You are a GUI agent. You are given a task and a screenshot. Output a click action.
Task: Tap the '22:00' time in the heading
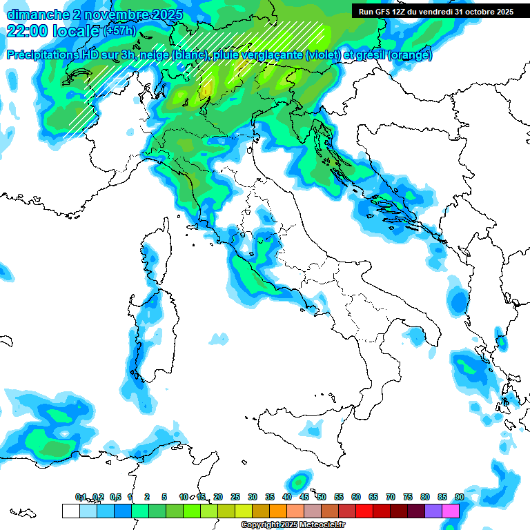point(26,31)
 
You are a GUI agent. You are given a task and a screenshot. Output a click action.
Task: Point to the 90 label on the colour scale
point(459,497)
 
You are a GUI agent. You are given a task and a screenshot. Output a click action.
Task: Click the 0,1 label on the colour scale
point(81,497)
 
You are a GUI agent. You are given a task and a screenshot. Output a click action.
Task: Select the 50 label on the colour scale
point(322,497)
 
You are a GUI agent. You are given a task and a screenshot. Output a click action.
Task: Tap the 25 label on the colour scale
point(235,497)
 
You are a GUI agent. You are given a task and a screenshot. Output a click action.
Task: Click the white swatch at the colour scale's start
point(70,511)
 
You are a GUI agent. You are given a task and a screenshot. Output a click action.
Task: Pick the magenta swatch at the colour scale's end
point(451,511)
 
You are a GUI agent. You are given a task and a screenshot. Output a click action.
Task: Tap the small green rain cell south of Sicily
point(299,481)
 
